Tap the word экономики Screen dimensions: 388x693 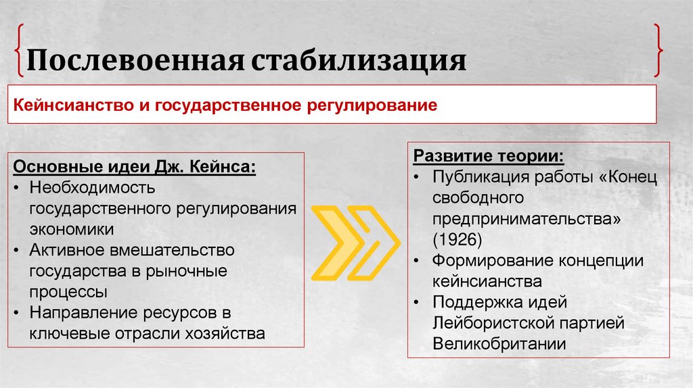pos(71,228)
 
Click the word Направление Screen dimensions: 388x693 pos(79,312)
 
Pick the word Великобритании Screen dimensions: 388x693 pos(499,343)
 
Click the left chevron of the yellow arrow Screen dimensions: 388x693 pos(337,244)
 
